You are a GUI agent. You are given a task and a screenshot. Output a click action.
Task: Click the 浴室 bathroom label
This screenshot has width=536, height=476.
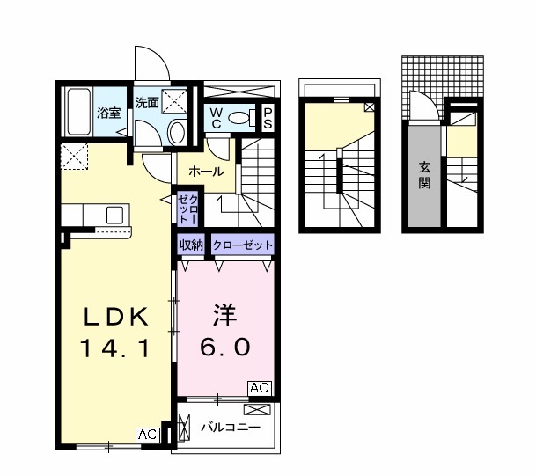(108, 114)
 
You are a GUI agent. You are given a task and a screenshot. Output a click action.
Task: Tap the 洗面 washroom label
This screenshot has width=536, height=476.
(147, 102)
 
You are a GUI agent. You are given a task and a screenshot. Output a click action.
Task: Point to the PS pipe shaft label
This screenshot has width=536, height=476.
(268, 118)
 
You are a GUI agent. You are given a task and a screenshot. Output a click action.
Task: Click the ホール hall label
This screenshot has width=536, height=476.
(206, 172)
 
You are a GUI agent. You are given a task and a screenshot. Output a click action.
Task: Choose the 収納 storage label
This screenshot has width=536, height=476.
(191, 245)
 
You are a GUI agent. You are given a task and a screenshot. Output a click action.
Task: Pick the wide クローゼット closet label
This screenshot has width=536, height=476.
(241, 245)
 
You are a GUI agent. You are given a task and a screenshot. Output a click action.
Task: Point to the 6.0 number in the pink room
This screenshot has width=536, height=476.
(224, 347)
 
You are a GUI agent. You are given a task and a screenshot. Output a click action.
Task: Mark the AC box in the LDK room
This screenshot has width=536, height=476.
(147, 434)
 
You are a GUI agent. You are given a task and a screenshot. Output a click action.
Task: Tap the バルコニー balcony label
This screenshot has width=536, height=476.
(229, 428)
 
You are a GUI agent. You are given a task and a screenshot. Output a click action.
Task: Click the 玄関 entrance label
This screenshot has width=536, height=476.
(424, 175)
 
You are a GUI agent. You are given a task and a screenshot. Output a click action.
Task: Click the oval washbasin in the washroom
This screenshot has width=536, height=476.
(176, 134)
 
